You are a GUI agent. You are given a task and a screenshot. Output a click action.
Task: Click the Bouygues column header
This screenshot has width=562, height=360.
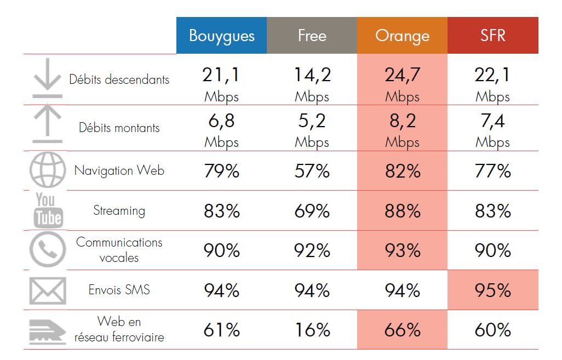221,36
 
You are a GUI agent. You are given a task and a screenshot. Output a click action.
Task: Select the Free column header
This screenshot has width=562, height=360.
312,36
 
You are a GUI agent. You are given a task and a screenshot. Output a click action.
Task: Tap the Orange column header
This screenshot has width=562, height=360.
402,36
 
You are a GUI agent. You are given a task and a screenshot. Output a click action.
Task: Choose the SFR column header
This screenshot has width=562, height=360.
492,36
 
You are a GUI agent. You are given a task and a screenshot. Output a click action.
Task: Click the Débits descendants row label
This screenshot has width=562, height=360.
119,79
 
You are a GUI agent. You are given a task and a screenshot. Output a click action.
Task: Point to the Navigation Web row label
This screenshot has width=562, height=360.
119,170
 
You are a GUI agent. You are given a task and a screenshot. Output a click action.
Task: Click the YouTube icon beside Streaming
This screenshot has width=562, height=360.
48,210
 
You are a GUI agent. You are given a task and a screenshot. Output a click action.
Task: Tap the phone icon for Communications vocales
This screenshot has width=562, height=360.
47,250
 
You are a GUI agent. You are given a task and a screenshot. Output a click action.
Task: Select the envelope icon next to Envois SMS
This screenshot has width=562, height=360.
47,290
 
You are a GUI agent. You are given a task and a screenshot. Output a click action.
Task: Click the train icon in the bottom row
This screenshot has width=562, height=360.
47,330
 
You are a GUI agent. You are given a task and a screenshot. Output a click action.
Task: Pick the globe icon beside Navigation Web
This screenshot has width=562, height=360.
47,170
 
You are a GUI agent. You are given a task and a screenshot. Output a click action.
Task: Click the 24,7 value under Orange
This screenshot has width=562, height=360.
402,76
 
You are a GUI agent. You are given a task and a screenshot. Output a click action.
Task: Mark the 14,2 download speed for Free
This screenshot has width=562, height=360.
312,76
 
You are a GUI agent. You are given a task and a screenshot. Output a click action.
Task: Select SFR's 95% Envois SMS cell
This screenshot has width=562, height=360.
492,290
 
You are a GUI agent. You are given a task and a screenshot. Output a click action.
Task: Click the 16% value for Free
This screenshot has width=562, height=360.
312,330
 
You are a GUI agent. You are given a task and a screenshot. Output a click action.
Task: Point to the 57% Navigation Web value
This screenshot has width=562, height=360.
312,171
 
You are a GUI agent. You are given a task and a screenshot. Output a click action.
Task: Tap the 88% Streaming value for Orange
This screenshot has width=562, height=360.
402,211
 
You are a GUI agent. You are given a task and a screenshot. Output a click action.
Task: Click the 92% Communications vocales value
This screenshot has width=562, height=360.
312,251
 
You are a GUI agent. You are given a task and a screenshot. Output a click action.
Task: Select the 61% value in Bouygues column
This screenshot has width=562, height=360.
221,330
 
